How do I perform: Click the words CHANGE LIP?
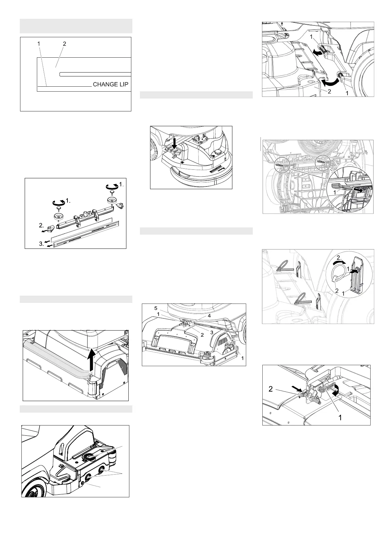click(111, 84)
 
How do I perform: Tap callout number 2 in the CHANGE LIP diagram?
click(64, 44)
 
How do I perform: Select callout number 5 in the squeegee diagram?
click(156, 308)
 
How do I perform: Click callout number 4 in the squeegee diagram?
click(209, 316)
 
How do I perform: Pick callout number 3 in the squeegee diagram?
click(212, 333)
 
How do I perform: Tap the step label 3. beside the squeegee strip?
click(41, 244)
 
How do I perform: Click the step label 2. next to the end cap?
click(41, 225)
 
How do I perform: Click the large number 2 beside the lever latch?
click(271, 389)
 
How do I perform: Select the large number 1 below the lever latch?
click(340, 418)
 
